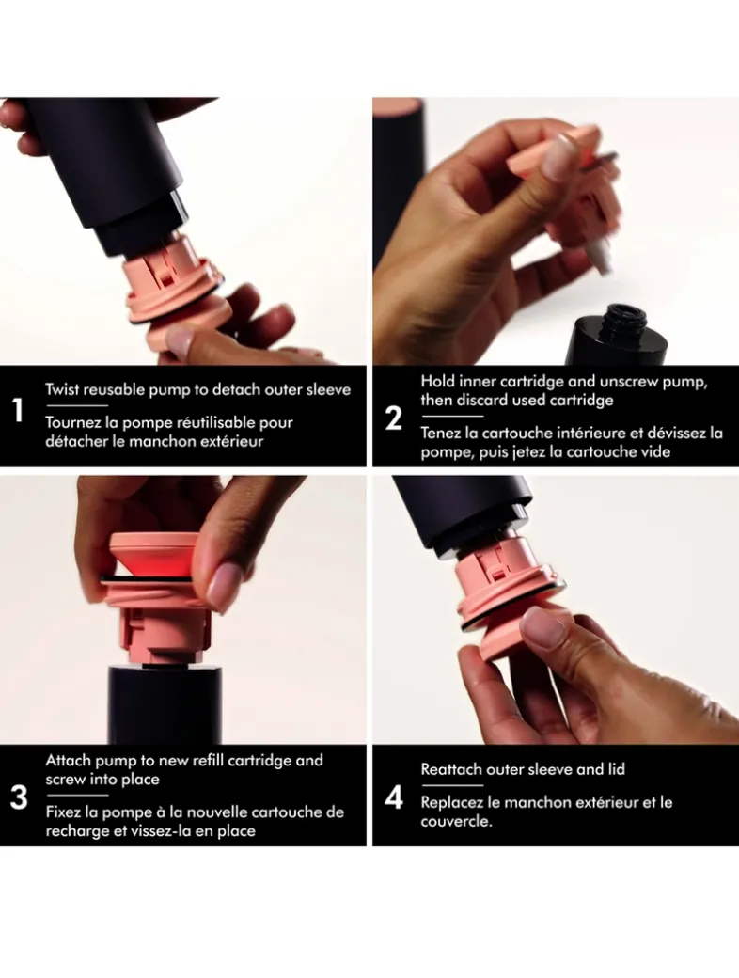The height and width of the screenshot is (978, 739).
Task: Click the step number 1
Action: click(18, 411)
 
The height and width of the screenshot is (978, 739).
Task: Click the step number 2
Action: click(394, 418)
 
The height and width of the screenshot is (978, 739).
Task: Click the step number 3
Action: click(20, 797)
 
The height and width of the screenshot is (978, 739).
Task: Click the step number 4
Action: click(394, 798)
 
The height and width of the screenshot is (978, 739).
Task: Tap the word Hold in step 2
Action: click(436, 381)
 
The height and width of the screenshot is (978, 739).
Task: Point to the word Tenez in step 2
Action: click(440, 433)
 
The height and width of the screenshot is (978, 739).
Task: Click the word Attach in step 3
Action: click(68, 761)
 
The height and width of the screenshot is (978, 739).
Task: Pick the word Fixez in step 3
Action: click(64, 812)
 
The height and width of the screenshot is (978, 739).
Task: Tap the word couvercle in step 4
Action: click(455, 822)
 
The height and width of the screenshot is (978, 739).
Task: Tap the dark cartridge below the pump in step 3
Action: click(166, 705)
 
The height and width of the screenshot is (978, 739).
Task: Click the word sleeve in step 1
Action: click(329, 390)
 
